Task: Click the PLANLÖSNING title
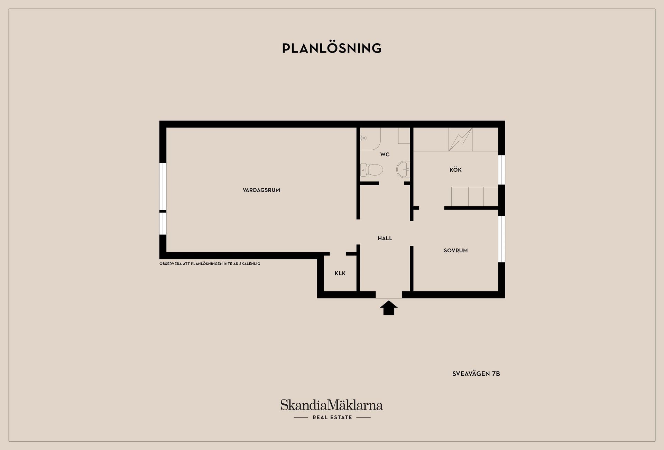pos(332,48)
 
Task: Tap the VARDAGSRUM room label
pos(261,190)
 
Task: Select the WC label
pos(385,154)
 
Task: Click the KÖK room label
pos(455,170)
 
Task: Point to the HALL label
pos(385,238)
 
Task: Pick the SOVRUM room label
pos(455,251)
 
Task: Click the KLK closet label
pos(340,273)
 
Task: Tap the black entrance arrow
pos(389,308)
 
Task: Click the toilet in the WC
pos(372,170)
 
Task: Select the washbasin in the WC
pos(403,169)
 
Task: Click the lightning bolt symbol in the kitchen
pos(460,139)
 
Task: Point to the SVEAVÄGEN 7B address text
pos(476,374)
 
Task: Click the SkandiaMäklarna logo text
pos(331,405)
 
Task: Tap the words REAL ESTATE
pos(332,418)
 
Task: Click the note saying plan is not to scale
pos(210,264)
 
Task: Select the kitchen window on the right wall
pos(501,170)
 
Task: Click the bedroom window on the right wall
pos(501,239)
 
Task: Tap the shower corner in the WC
pos(370,139)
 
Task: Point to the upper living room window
pos(163,186)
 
